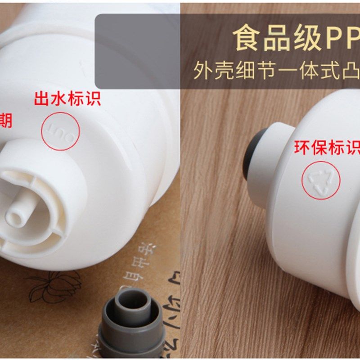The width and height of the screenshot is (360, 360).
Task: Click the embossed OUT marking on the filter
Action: point(60,130)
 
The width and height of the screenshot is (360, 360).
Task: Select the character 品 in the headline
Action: point(277,39)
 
